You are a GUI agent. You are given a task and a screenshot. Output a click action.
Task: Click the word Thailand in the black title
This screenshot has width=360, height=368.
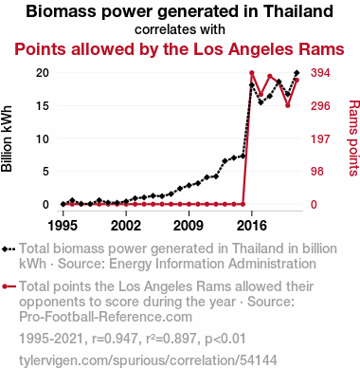click(x=298, y=11)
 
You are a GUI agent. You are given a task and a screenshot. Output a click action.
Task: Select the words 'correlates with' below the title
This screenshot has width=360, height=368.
click(x=180, y=29)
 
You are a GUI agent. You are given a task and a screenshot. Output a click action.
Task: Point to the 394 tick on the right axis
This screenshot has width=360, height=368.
click(x=320, y=73)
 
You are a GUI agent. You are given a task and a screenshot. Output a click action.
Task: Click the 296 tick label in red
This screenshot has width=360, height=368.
click(x=320, y=106)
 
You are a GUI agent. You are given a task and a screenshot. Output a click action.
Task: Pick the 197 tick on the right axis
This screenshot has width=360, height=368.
click(x=320, y=138)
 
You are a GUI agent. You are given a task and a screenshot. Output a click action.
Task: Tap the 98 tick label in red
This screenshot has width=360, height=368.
click(x=317, y=172)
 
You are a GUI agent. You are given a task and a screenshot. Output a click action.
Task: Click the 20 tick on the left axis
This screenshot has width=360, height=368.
click(x=43, y=73)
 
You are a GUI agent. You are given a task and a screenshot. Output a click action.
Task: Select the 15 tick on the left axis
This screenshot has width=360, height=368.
click(x=43, y=106)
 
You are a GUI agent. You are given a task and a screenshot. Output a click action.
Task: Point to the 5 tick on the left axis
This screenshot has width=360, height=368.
click(x=45, y=172)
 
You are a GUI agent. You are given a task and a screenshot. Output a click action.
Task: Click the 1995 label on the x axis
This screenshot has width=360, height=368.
click(x=63, y=226)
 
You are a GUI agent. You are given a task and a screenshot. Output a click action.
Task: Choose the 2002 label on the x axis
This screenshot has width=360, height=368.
click(x=126, y=226)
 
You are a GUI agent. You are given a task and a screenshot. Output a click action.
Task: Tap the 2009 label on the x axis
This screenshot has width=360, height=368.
click(x=189, y=226)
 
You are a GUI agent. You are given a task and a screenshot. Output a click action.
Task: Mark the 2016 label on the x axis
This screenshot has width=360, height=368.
click(x=252, y=226)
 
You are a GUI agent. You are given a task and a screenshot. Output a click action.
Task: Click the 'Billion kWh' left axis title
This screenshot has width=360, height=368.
click(x=7, y=138)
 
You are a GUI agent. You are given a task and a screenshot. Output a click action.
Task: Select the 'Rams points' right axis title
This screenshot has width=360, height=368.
click(x=354, y=138)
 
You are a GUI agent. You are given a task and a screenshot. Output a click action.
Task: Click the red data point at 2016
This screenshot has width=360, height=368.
click(x=252, y=73)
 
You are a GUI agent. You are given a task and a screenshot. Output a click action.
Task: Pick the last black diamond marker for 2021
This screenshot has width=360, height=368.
click(x=297, y=73)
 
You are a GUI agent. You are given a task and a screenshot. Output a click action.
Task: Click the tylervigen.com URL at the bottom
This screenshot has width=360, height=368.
click(x=148, y=360)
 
